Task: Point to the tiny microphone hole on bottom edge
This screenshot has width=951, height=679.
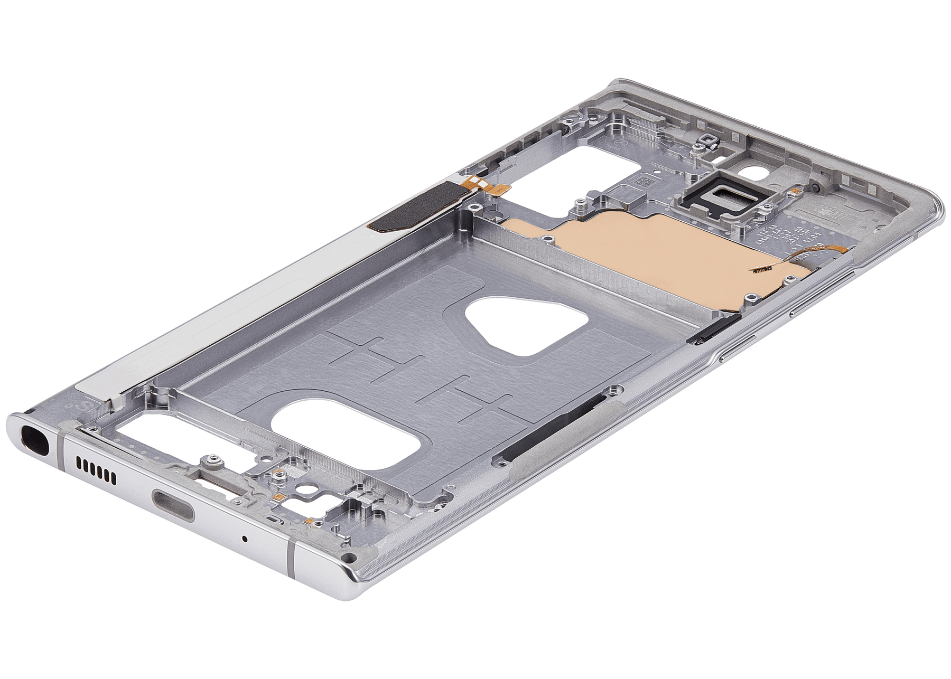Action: coord(245,539)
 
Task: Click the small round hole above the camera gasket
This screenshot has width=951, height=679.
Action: coord(745,173)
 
